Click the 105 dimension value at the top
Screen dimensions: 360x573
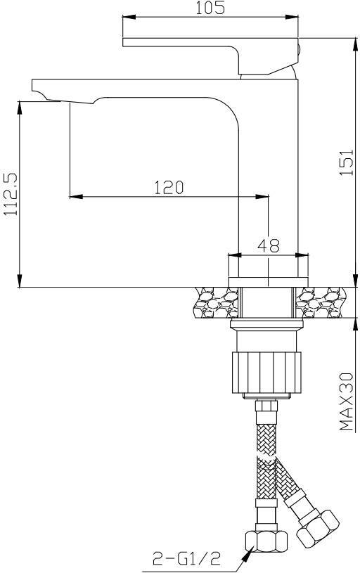coord(210,8)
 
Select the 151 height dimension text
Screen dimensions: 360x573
coord(347,162)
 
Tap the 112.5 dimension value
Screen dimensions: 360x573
coord(11,194)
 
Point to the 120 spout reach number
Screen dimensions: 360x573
coord(168,188)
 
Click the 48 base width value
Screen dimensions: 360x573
coord(269,245)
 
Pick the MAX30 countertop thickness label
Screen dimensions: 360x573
coord(347,401)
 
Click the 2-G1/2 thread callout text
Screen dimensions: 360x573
coord(187,559)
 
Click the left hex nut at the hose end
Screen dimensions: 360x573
coord(266,541)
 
